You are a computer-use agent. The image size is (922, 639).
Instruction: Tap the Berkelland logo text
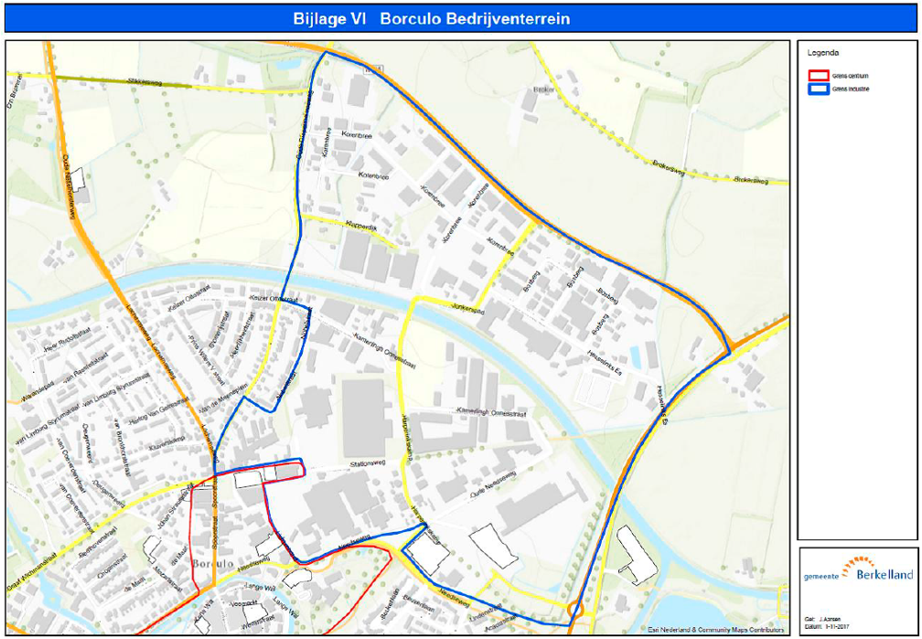(x=884, y=574)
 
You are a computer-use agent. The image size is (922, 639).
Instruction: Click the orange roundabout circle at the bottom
(x=575, y=609)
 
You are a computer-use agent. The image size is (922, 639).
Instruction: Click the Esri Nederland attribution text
(x=716, y=629)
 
